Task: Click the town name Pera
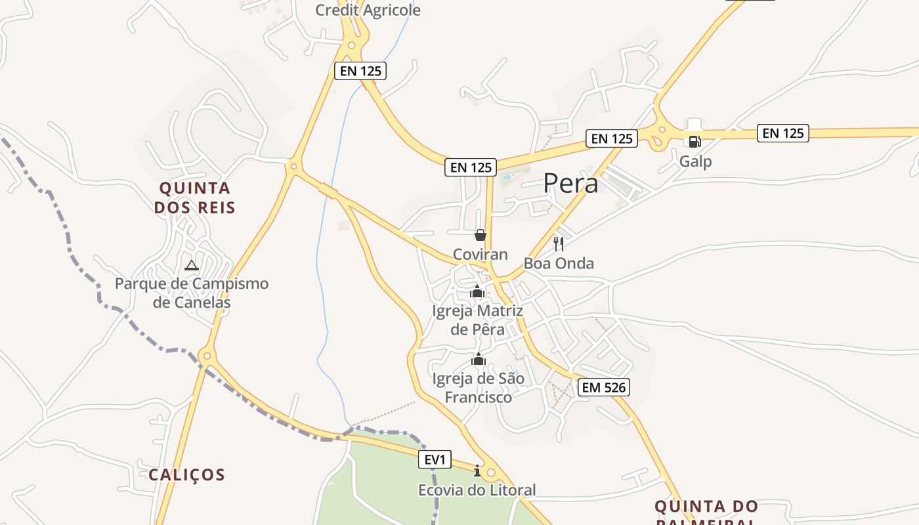pos(570,184)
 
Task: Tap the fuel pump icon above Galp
pos(695,141)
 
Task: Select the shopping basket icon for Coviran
pos(481,235)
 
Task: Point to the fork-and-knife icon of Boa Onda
pos(559,244)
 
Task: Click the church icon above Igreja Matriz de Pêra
pos(477,291)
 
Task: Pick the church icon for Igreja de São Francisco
pos(479,359)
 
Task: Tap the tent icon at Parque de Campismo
pos(191,265)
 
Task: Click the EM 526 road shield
pos(605,387)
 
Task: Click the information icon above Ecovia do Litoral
pos(477,471)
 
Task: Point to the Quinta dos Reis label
pos(195,198)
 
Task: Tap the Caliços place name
pos(186,474)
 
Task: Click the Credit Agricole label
pos(368,10)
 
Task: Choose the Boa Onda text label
pos(559,264)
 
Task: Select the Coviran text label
pos(481,255)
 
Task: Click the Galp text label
pos(695,161)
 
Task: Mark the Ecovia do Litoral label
pos(477,490)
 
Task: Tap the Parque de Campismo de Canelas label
pos(192,293)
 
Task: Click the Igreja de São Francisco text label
pos(479,388)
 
